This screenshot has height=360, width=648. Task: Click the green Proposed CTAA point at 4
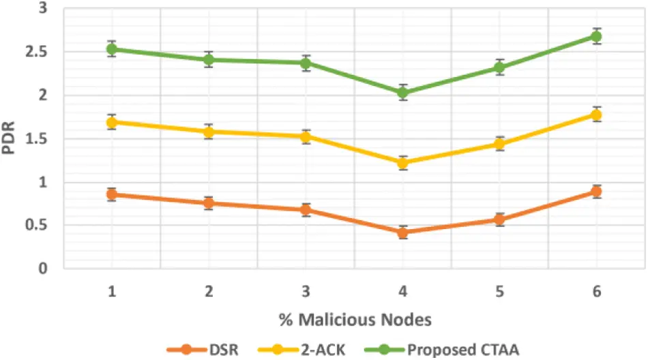pos(402,92)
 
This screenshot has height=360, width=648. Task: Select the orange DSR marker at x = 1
pos(111,194)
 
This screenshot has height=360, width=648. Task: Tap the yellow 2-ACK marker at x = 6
pos(596,115)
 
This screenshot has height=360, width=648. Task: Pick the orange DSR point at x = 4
pos(402,232)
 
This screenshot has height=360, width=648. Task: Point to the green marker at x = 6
pos(596,36)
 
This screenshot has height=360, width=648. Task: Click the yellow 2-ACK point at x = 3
pos(306,136)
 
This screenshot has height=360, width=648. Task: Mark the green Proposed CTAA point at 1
pos(111,49)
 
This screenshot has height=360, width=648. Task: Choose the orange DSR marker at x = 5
pos(499,220)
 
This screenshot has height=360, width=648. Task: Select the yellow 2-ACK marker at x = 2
pos(209,132)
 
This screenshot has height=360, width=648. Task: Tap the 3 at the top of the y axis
pos(43,8)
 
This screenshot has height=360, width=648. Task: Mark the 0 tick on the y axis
pos(43,269)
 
